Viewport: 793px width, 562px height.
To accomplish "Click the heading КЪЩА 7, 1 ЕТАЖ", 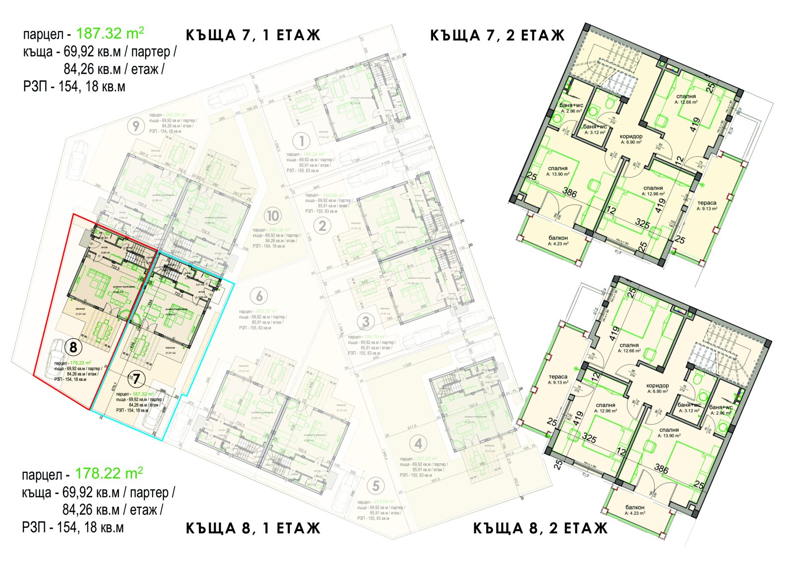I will (253, 35).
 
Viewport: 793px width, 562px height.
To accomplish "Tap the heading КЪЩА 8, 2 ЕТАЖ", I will (540, 528).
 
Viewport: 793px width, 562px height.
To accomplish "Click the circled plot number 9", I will (135, 126).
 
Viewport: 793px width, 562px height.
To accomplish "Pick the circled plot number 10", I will (273, 216).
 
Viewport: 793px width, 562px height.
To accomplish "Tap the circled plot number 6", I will (259, 296).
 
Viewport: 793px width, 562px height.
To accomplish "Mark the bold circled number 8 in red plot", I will (73, 347).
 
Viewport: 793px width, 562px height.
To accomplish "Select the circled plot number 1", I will (301, 141).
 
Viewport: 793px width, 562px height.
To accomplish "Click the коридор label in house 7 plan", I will (631, 136).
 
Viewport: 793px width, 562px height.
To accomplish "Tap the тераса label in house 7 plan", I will (707, 203).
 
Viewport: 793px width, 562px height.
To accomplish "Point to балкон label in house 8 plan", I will (635, 507).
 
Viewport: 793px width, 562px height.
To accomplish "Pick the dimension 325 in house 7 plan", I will (642, 224).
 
